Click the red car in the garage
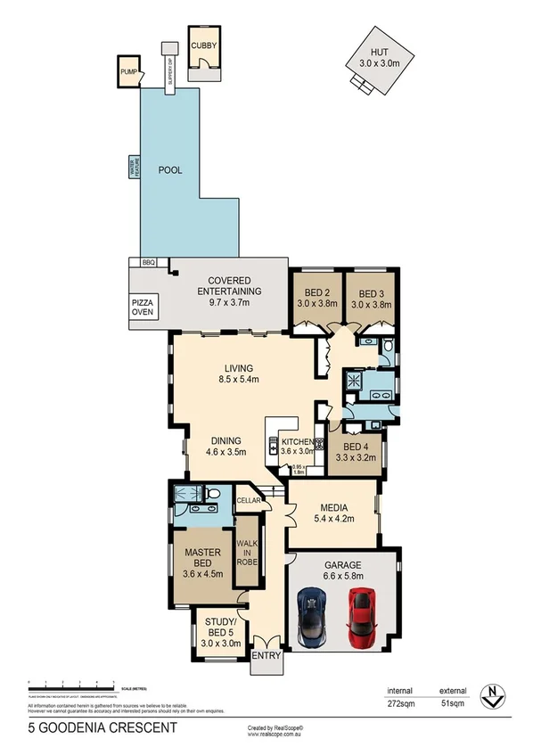pos(360,616)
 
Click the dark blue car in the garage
pos(312,616)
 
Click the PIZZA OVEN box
pos(143,306)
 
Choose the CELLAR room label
pos(247,500)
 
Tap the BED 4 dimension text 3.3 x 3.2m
pos(355,457)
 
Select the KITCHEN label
pos(298,442)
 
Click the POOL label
pos(170,170)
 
